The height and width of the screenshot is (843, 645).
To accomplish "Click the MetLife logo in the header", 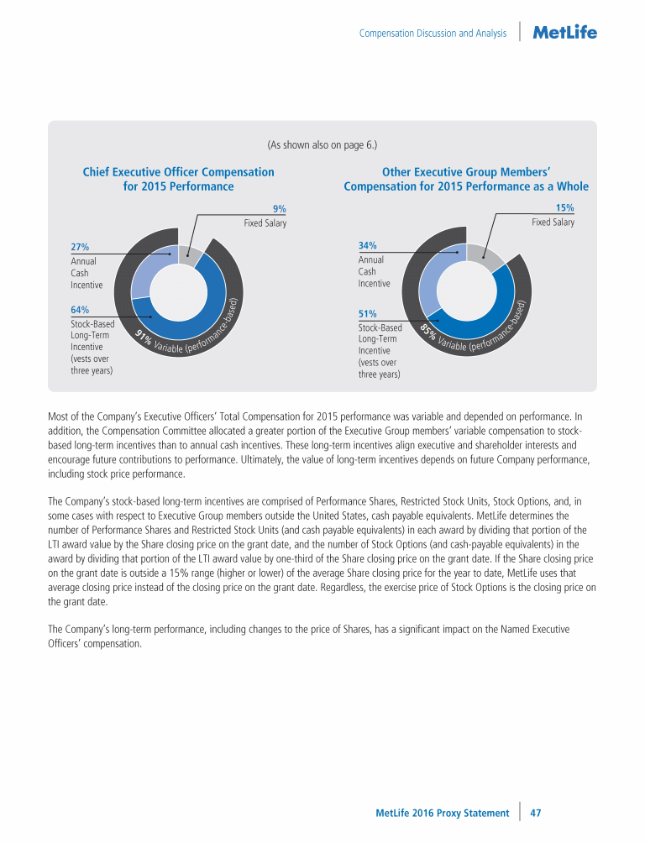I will pyautogui.click(x=565, y=33).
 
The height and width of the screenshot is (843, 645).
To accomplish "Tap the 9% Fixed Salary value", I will pyautogui.click(x=280, y=208).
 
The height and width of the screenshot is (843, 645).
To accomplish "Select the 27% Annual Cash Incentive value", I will pyautogui.click(x=80, y=247).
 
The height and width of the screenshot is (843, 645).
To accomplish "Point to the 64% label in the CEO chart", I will pyautogui.click(x=80, y=310).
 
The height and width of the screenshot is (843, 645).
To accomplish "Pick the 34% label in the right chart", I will pyautogui.click(x=367, y=245).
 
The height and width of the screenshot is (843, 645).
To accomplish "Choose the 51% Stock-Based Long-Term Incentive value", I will pyautogui.click(x=367, y=314).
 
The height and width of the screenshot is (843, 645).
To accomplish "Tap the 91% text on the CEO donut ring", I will pyautogui.click(x=143, y=338).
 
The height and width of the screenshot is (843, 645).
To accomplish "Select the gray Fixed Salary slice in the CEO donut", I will pyautogui.click(x=188, y=256).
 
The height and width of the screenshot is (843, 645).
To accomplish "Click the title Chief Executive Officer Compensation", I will pyautogui.click(x=178, y=172).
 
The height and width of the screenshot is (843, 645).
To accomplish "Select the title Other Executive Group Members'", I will pyautogui.click(x=466, y=172).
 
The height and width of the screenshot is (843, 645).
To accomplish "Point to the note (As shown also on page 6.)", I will pyautogui.click(x=322, y=144).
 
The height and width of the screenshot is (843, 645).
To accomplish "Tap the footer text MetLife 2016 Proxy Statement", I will pyautogui.click(x=442, y=813).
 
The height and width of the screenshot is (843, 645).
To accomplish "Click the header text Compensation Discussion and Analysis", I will pyautogui.click(x=433, y=34).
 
